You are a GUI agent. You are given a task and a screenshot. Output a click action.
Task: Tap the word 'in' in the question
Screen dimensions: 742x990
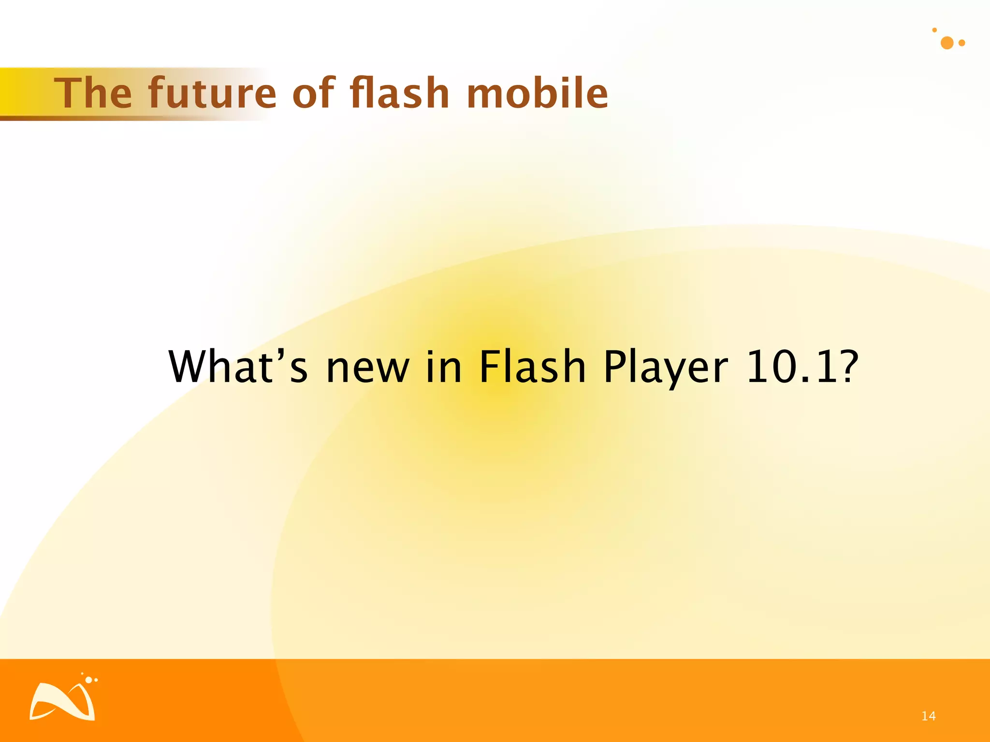[444, 367]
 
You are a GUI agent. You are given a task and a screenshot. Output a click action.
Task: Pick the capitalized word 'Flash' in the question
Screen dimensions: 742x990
[532, 367]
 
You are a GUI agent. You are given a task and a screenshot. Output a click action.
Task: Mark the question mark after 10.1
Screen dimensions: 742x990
[848, 367]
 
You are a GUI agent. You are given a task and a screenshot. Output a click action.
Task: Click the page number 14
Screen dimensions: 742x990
[928, 716]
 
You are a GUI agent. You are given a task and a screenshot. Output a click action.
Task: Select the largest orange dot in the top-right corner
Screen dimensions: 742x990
[947, 43]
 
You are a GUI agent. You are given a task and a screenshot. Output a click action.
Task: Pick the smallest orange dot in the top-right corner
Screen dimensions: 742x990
[934, 30]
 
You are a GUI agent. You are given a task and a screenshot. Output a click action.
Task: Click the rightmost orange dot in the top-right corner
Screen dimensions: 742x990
[961, 43]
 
